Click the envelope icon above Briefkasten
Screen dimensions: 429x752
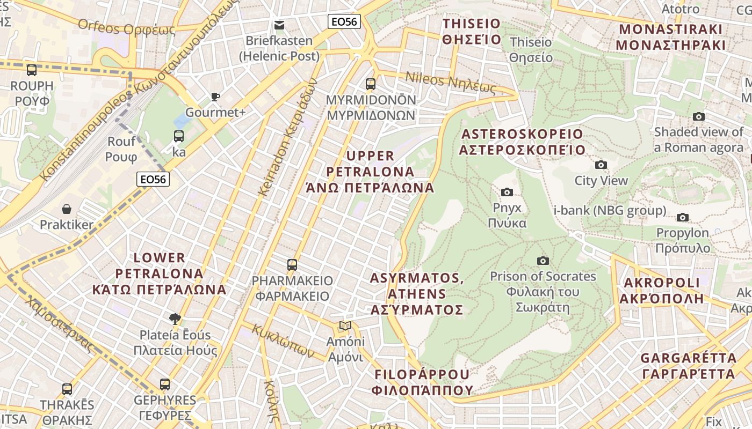(x=279, y=25)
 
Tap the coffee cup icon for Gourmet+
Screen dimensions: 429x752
(x=215, y=97)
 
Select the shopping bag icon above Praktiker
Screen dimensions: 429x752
(x=67, y=209)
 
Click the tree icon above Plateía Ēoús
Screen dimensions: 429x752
(x=175, y=319)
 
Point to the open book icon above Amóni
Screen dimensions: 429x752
(x=345, y=326)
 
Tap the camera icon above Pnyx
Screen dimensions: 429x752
(x=507, y=192)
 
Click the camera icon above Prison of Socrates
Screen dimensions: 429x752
(x=543, y=261)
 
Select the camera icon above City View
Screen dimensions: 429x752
(x=601, y=165)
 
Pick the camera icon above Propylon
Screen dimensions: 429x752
(x=683, y=217)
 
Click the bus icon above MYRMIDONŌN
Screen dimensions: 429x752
(x=371, y=84)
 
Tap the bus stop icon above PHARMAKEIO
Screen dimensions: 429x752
(x=292, y=264)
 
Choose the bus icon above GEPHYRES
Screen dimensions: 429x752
(x=165, y=384)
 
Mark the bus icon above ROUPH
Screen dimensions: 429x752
(x=32, y=70)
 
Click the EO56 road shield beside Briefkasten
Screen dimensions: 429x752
(x=344, y=21)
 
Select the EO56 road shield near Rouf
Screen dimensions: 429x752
(x=153, y=179)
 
